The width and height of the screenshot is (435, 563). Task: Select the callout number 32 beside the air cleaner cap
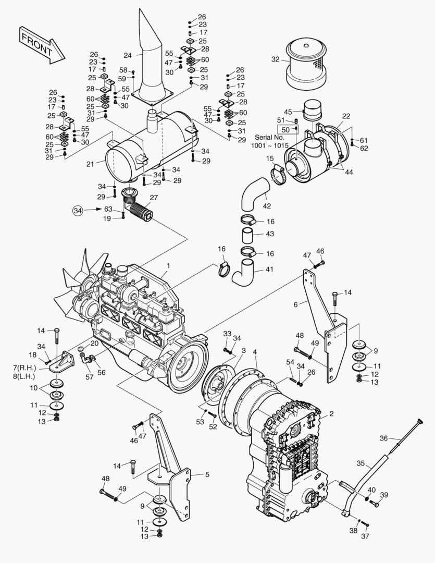276,59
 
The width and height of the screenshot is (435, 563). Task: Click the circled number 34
78,210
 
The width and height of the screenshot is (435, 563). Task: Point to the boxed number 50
285,129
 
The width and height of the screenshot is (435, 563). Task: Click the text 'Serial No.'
269,137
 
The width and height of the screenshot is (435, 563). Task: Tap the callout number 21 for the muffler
90,164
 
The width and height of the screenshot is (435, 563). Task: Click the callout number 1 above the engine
168,266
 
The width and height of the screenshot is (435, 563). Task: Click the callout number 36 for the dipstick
383,438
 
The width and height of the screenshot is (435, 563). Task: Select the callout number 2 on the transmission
332,414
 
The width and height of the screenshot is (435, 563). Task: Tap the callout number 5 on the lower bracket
207,474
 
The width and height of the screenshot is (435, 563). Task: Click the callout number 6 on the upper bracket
295,304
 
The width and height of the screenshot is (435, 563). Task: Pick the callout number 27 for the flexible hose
153,198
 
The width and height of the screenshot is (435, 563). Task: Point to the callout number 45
288,112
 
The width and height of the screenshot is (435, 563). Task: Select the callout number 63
108,209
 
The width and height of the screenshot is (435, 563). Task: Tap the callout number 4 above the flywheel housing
255,352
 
